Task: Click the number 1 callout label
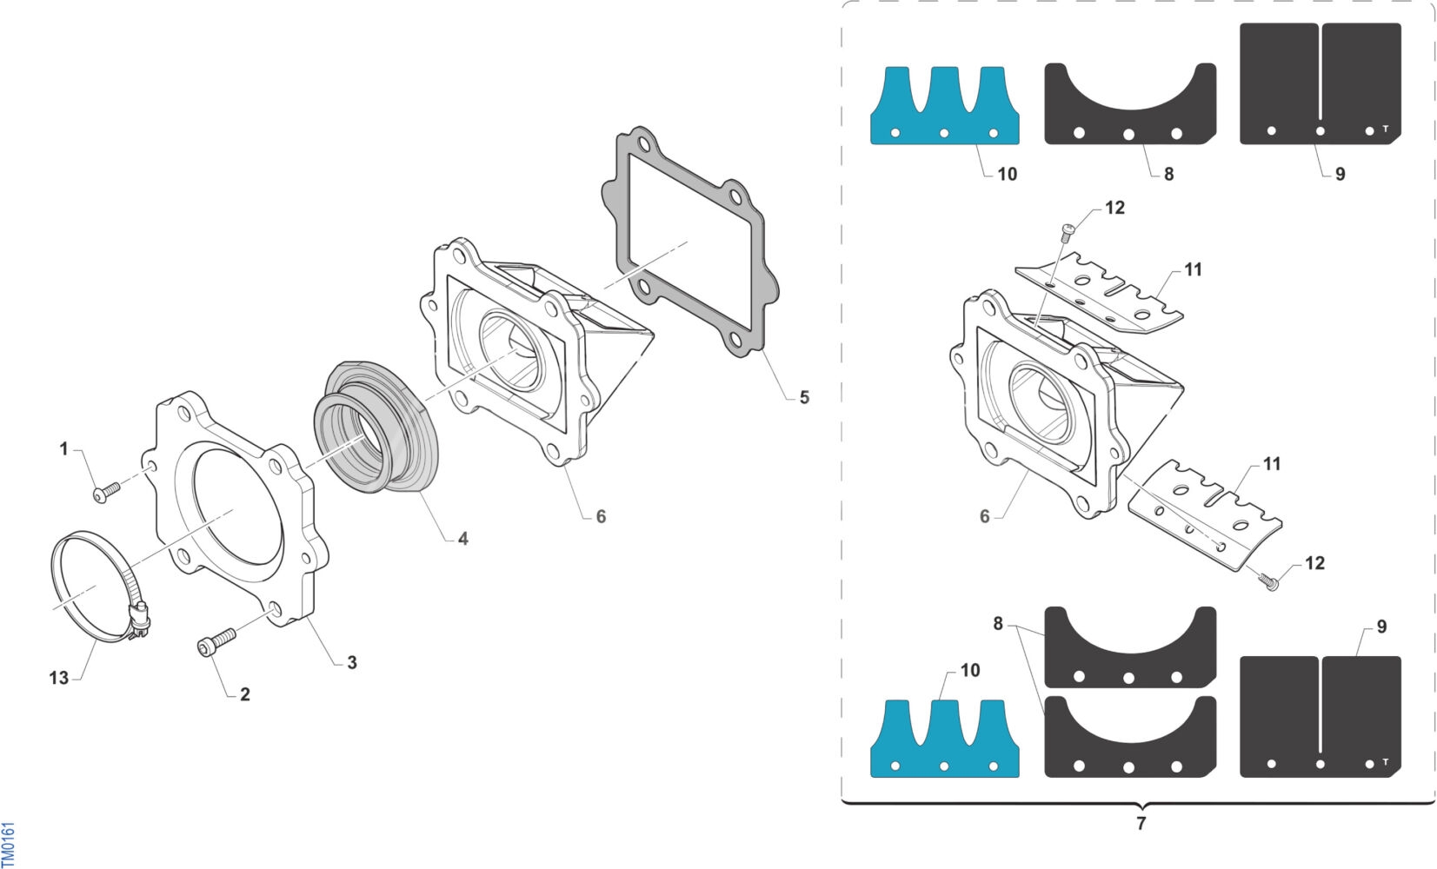[63, 449]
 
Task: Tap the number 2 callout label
[244, 694]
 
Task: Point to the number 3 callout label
[351, 662]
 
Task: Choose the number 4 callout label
[463, 539]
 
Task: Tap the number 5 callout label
[804, 397]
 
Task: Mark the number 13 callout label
[58, 677]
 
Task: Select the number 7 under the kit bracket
[1141, 823]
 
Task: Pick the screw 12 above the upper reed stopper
[1068, 229]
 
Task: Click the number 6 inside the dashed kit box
[984, 516]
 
